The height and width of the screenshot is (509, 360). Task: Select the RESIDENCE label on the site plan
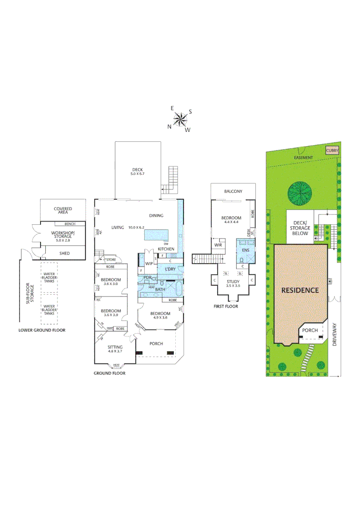click(x=300, y=290)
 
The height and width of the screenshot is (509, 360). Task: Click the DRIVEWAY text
click(x=335, y=335)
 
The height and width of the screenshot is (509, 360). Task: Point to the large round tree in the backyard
click(x=300, y=193)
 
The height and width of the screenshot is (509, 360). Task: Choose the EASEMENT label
click(x=303, y=157)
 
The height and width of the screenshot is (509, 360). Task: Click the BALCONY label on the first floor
click(x=233, y=191)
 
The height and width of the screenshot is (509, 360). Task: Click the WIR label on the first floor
click(x=218, y=245)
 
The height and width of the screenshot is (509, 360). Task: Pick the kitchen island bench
click(x=161, y=235)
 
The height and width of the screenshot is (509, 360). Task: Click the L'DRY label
click(x=170, y=269)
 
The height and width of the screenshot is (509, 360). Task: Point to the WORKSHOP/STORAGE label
click(x=63, y=235)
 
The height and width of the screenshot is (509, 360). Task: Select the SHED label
click(x=64, y=254)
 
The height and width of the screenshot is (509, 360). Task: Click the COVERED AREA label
click(x=63, y=211)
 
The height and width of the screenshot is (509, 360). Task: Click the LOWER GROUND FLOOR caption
click(x=42, y=330)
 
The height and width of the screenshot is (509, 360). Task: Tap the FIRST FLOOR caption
click(x=226, y=306)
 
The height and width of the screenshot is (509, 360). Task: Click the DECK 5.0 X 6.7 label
click(x=137, y=172)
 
